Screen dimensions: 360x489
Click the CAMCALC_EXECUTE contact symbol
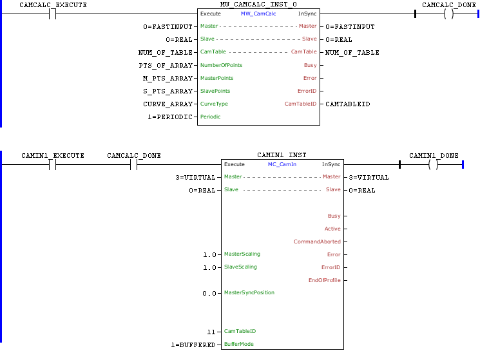[x=53, y=14]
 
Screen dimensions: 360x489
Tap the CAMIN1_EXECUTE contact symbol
[x=53, y=164]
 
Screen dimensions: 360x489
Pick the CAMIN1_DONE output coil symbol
[x=434, y=164]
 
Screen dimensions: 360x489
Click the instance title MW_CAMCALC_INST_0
[x=258, y=4]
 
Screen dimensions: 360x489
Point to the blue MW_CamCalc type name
[x=258, y=14]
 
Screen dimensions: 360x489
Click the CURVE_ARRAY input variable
[x=168, y=104]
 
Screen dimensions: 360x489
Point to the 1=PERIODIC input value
[x=169, y=117]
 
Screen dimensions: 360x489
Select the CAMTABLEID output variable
[x=348, y=104]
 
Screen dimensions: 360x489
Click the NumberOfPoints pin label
[x=221, y=65]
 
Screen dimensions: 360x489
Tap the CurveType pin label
[x=214, y=104]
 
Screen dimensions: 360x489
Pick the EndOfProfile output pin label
[x=325, y=280]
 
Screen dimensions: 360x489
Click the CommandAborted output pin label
[x=317, y=242]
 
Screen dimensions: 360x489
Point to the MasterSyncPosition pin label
[x=249, y=292]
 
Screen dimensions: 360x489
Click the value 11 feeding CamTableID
[x=211, y=332]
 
